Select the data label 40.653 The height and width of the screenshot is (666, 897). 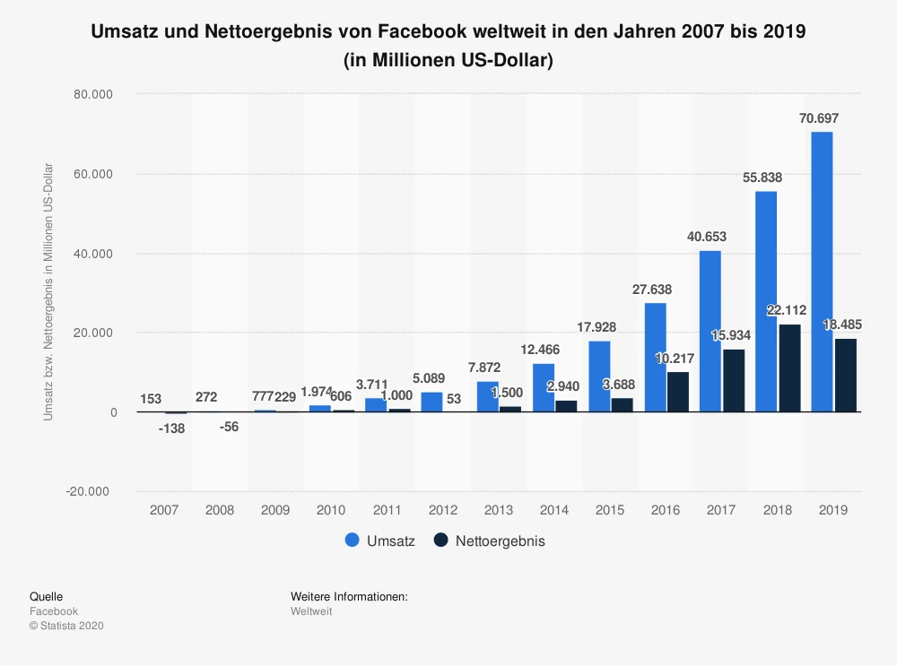[709, 237]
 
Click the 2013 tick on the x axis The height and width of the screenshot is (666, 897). [498, 510]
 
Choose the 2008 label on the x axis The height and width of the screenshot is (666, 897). [220, 510]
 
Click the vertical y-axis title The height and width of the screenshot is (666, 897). [48, 292]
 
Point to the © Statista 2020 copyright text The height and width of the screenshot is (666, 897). [66, 626]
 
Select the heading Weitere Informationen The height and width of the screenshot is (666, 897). [349, 596]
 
